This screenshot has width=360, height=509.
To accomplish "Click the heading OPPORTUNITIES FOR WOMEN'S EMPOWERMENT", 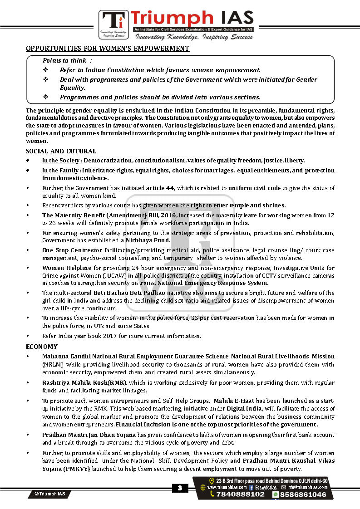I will point(108,49).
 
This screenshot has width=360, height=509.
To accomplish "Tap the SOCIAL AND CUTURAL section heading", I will point(61,151).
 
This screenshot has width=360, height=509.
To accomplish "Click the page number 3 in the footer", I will point(180,488).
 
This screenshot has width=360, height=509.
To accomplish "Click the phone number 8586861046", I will point(303,494).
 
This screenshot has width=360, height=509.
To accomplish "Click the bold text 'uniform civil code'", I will point(254,188).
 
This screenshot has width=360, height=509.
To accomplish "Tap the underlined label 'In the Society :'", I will point(62,161).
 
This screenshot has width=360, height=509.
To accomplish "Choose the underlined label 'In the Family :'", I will point(62,170).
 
